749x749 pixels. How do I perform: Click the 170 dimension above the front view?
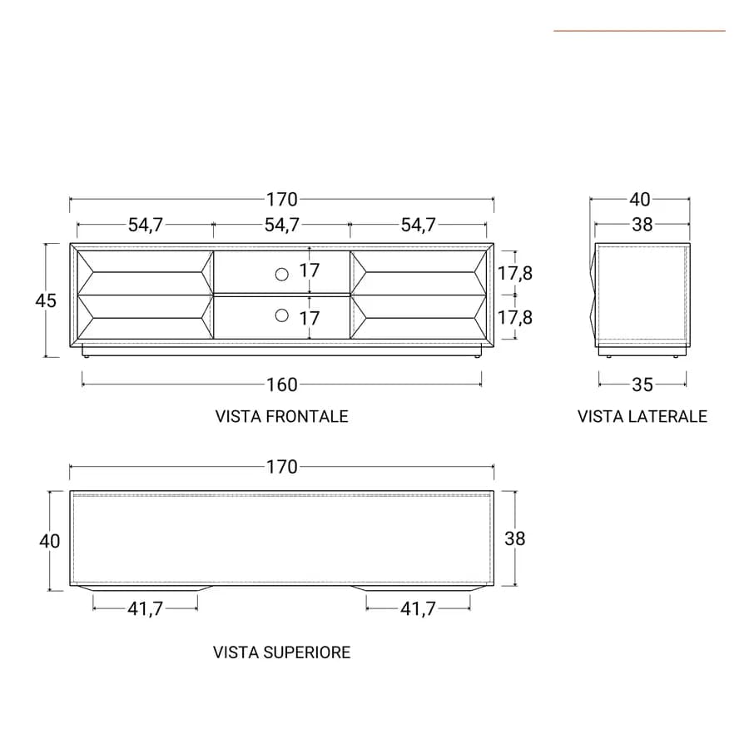point(282,200)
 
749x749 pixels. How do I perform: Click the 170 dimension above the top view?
point(282,467)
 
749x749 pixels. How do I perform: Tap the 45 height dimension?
point(46,300)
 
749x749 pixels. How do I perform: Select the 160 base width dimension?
point(282,384)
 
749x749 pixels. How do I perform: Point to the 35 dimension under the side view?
point(642,384)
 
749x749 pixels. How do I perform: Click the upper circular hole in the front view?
point(282,274)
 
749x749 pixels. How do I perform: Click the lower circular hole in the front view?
point(282,315)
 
